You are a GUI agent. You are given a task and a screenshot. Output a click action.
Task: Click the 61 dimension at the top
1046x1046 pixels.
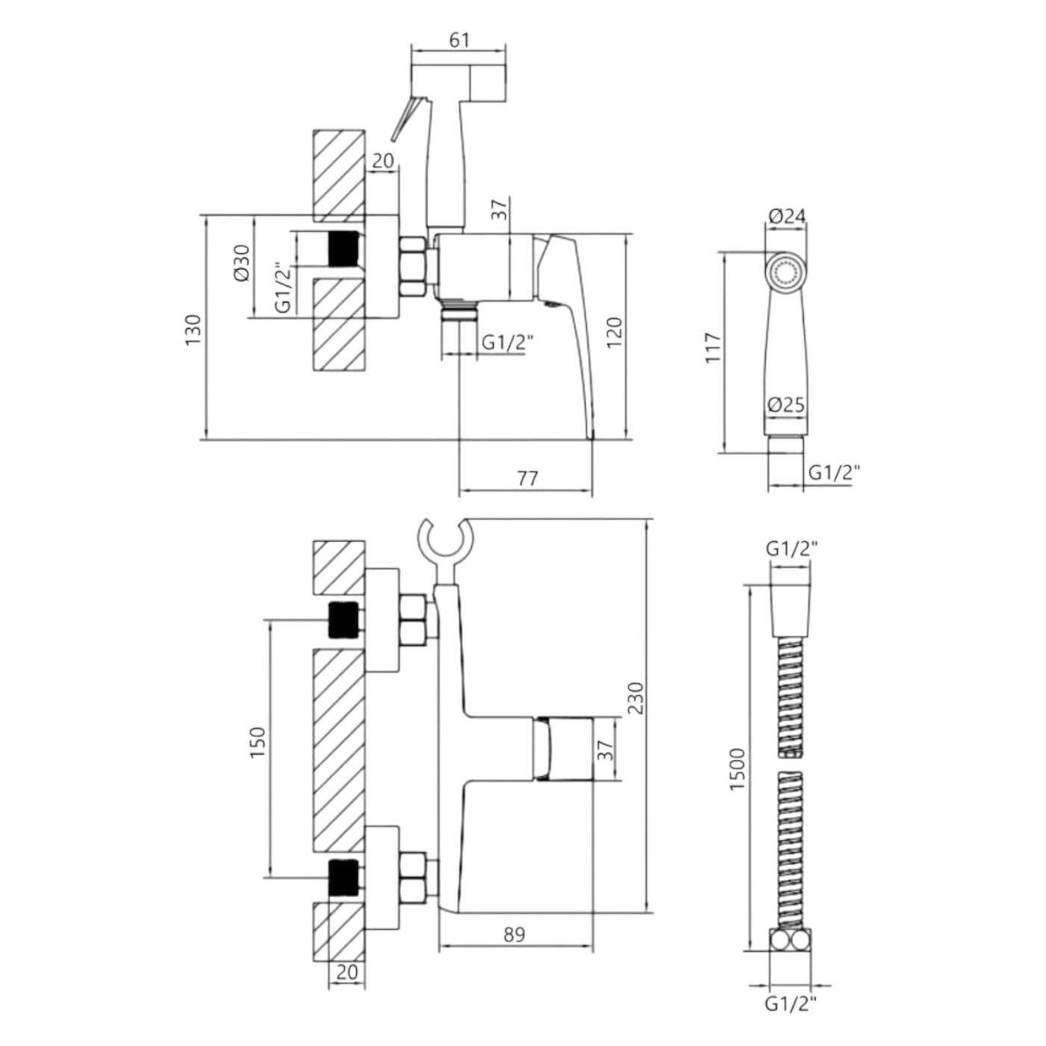tap(459, 40)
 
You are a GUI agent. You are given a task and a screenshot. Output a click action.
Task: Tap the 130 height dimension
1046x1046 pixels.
tap(194, 329)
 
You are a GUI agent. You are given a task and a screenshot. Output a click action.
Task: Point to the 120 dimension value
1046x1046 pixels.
tap(614, 332)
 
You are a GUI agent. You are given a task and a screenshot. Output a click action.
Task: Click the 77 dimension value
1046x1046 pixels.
tap(527, 478)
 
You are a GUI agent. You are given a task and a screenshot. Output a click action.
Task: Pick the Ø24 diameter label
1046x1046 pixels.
tap(787, 216)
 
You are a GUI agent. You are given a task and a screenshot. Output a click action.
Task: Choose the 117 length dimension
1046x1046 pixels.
tap(714, 348)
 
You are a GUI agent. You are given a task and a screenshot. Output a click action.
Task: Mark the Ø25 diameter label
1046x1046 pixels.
tap(787, 404)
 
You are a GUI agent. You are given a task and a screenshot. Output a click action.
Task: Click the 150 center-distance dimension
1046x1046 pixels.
tap(257, 743)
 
